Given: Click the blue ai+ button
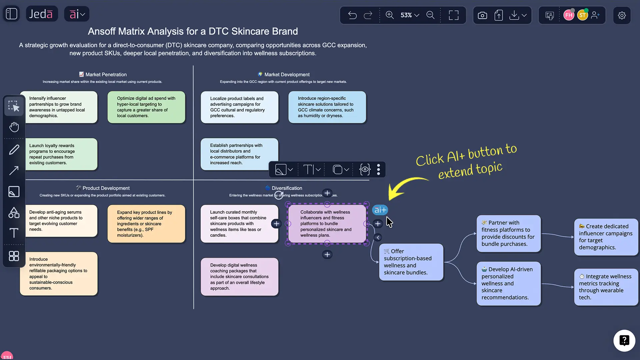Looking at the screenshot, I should click(380, 210).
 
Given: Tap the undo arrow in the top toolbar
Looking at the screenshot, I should click(352, 15).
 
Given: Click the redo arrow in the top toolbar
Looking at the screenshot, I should click(368, 15).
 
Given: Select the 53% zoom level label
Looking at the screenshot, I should click(406, 15).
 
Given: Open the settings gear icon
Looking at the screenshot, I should click(622, 15).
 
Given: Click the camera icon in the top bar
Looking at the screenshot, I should click(482, 15).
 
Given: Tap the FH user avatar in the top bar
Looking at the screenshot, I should click(569, 15).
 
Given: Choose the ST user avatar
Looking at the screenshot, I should click(582, 15).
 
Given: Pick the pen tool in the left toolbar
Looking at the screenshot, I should click(14, 150).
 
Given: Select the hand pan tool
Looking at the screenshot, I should click(14, 127).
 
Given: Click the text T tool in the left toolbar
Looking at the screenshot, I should click(14, 233).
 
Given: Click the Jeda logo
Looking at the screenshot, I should click(41, 14).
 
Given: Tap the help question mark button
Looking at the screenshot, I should click(624, 340).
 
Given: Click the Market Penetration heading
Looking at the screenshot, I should click(106, 75).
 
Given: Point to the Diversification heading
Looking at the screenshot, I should click(287, 188).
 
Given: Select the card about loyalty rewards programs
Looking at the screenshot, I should click(59, 154).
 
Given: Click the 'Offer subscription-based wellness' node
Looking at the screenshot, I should click(411, 262).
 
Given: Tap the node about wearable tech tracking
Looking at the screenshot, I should click(605, 287).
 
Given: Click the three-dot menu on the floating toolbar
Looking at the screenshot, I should click(378, 170).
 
